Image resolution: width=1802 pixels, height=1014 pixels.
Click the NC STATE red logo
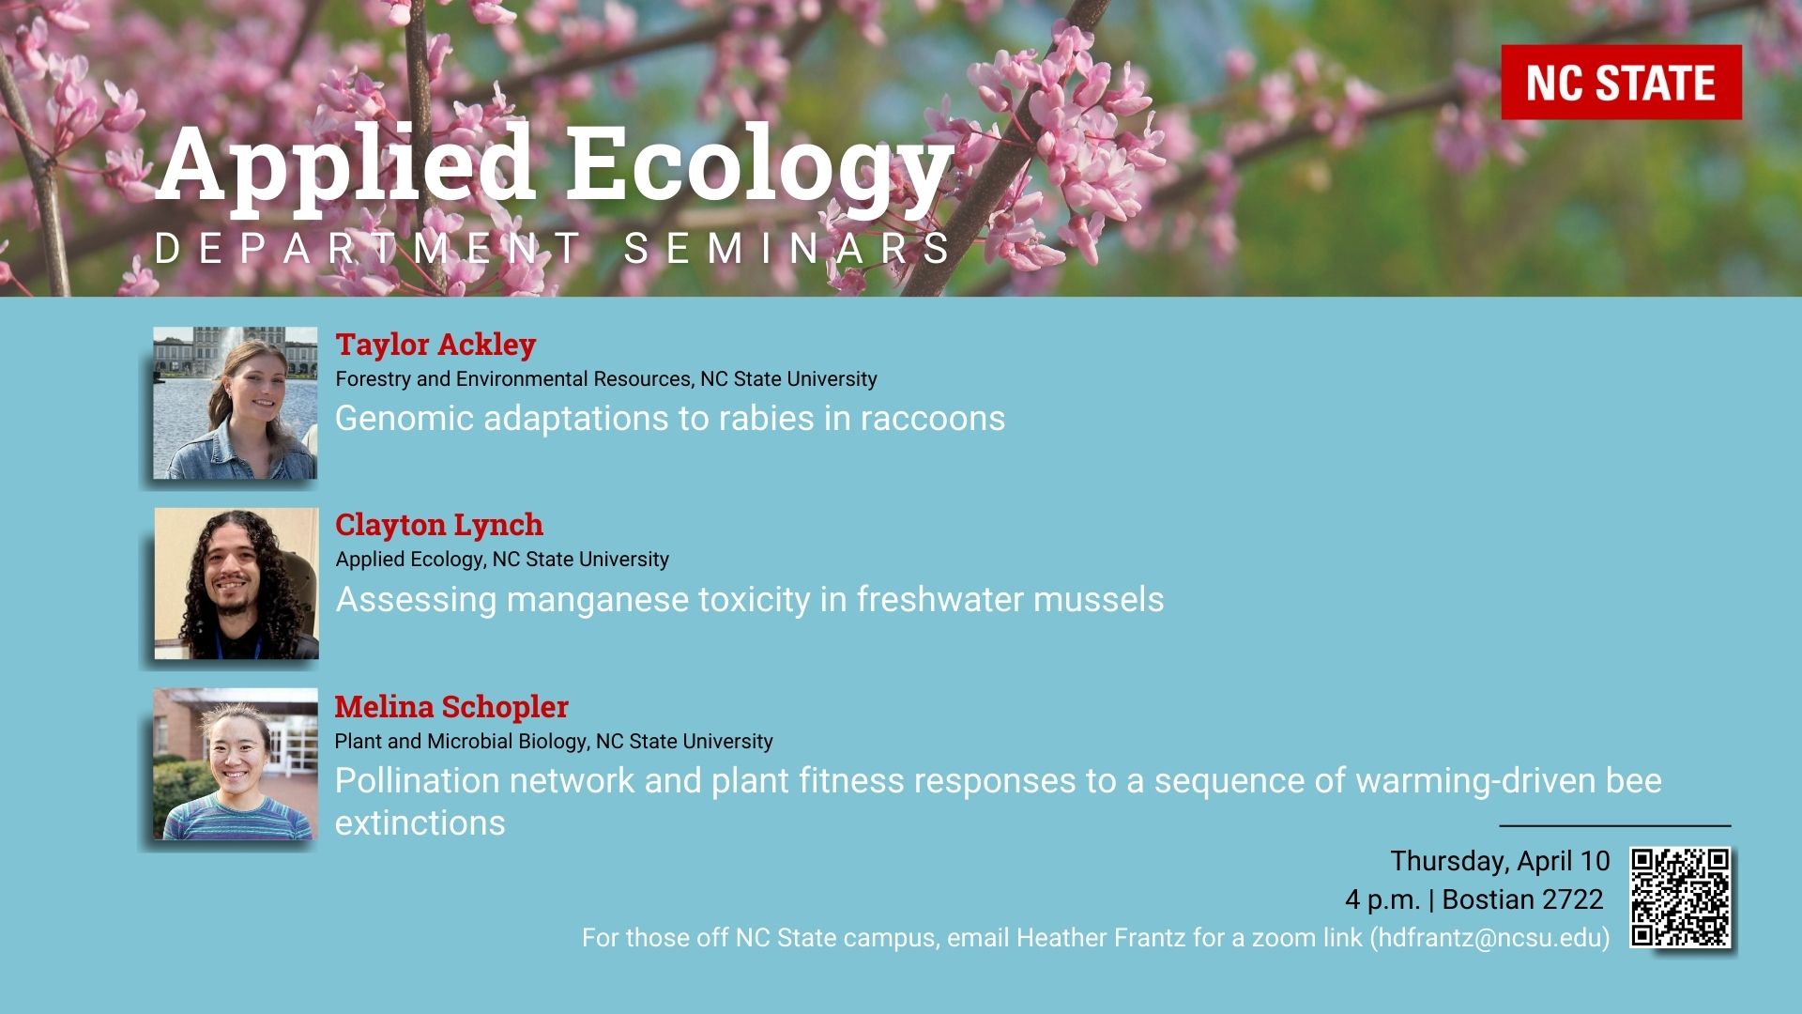click(x=1621, y=83)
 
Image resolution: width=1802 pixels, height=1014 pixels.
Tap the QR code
click(x=1680, y=898)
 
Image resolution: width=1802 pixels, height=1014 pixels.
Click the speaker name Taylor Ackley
click(x=435, y=345)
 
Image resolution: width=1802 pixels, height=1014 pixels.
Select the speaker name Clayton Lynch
click(x=439, y=525)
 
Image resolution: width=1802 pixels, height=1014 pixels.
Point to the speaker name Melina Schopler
click(x=451, y=706)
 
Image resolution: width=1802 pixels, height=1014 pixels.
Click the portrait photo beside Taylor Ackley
click(x=236, y=403)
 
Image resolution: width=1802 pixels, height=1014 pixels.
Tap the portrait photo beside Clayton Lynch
click(x=237, y=583)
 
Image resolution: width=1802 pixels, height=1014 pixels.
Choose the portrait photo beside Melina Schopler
click(x=236, y=764)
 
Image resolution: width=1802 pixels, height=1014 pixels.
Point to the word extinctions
click(x=420, y=823)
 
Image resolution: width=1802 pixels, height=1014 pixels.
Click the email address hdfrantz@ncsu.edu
click(x=1489, y=938)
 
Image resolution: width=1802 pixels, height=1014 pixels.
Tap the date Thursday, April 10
click(x=1500, y=861)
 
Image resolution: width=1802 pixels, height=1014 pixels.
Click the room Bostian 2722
click(x=1522, y=899)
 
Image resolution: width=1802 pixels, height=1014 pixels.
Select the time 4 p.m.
click(x=1382, y=900)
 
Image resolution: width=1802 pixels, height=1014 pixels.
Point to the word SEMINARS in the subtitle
click(x=787, y=250)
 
